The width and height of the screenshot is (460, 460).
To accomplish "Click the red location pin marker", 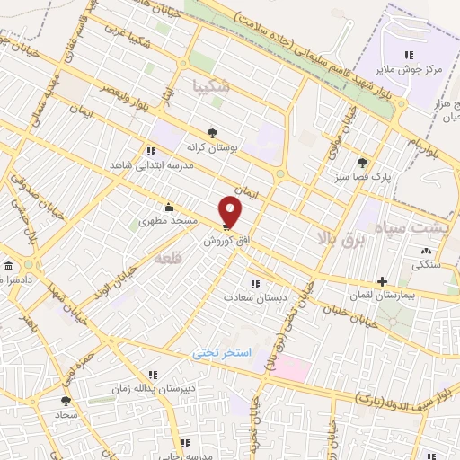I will (x=231, y=211).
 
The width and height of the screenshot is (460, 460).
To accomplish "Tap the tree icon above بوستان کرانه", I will (x=212, y=131).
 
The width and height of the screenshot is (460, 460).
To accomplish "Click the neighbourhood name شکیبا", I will (x=211, y=87).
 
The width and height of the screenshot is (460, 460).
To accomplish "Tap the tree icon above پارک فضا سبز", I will (x=362, y=163).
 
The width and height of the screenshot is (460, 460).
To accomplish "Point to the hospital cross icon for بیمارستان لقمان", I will (x=384, y=281).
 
